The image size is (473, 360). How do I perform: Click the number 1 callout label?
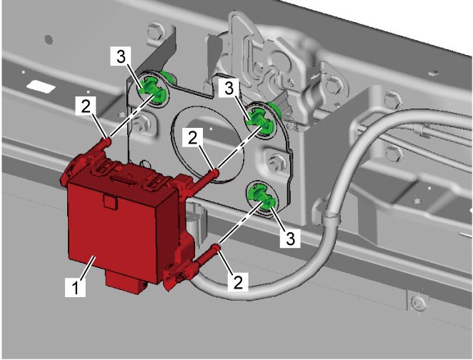75,287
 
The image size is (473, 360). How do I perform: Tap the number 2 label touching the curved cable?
238,282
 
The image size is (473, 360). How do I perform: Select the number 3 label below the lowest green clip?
290,239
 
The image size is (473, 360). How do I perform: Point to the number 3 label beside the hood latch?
229,89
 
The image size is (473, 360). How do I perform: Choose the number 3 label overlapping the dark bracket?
121,56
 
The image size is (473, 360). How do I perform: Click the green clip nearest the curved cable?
262,198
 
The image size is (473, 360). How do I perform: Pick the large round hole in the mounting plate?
207,145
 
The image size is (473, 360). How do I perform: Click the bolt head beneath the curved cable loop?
419,301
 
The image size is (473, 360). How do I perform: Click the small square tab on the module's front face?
110,201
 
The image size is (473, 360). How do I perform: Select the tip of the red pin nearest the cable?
218,248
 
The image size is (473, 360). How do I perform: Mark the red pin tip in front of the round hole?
214,173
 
